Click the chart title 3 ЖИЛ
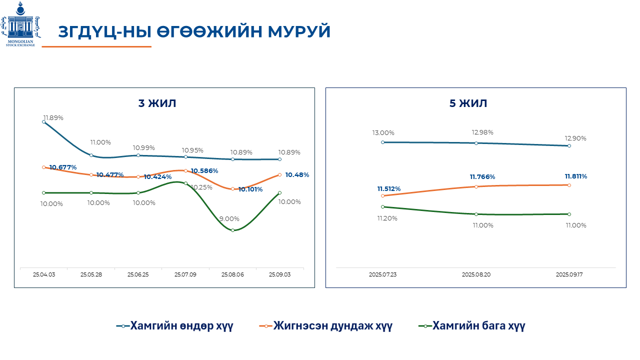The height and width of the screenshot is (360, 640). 157,103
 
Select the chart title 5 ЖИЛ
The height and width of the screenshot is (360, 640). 468,103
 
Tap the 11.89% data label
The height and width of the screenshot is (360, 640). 53,117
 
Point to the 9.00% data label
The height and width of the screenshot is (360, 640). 229,218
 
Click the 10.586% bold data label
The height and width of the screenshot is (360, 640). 204,170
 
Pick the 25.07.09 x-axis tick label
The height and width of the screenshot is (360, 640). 185,274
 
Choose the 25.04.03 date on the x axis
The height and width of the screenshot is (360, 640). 44,274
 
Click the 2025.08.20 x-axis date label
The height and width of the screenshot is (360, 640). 476,274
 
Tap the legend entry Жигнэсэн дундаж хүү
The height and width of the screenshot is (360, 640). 326,326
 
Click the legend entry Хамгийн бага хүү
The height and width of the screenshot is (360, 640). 471,326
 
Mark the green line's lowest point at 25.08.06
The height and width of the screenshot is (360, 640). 232,230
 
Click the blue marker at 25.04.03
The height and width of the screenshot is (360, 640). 44,121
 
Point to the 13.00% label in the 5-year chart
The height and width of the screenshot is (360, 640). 383,133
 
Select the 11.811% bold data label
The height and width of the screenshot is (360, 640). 576,176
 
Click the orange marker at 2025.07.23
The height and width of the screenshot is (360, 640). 383,195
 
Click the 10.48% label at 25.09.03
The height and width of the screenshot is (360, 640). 297,175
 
